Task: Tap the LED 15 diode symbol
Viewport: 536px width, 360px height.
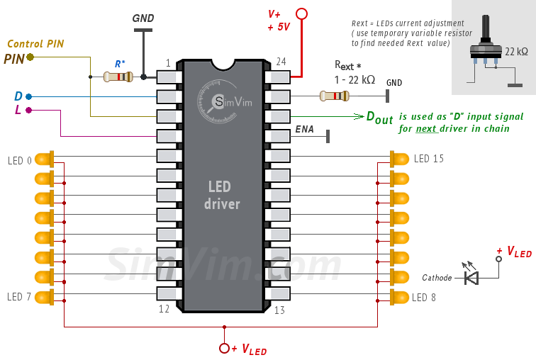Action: point(398,159)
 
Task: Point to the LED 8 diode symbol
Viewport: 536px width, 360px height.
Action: point(398,296)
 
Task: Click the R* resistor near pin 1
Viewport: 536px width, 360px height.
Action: point(118,77)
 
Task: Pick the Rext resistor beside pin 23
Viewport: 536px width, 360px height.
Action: point(334,96)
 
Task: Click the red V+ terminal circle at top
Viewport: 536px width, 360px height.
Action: point(301,13)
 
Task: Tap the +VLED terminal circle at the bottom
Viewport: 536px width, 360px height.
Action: point(225,348)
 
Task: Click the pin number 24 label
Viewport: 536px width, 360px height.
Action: point(281,62)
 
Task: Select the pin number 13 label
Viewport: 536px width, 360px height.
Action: point(279,310)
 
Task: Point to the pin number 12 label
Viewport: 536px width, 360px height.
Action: point(164,309)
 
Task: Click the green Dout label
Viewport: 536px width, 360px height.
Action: point(379,118)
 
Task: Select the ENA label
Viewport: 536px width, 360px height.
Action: point(304,130)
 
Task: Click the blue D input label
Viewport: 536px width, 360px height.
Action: point(18,96)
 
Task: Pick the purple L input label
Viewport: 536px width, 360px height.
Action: point(18,110)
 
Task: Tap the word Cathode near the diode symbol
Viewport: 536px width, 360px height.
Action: point(437,278)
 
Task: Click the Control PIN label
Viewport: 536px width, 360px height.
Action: point(35,44)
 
